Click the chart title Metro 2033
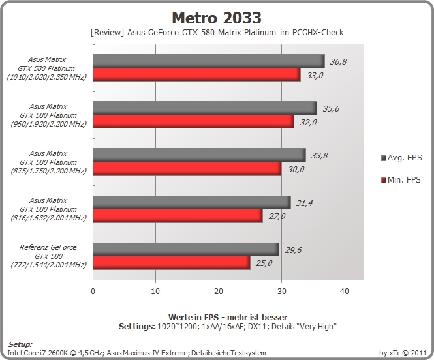tap(217, 18)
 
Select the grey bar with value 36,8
tap(209, 61)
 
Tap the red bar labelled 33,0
tap(196, 74)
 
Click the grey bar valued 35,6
tap(205, 108)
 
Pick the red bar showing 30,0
tap(187, 169)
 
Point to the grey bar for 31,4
tap(192, 202)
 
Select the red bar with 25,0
tap(172, 263)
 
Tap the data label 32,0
tap(308, 122)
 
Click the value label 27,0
tap(277, 217)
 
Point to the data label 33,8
tap(319, 156)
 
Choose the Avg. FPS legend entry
tap(401, 158)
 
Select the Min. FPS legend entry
tap(401, 180)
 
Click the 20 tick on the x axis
tap(219, 292)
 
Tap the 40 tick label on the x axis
tap(345, 292)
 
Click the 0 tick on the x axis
tap(93, 292)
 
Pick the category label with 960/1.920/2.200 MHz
tap(48, 115)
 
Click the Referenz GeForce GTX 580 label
tap(48, 256)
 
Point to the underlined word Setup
tap(20, 344)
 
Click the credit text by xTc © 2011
tap(403, 353)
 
